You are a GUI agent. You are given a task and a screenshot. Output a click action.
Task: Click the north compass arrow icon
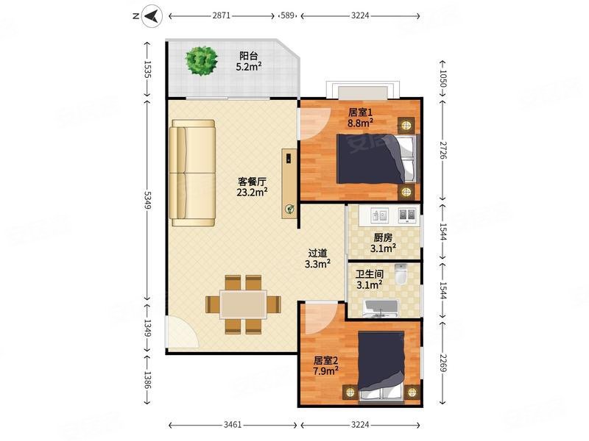(x=152, y=16)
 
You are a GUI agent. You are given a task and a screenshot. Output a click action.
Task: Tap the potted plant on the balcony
(x=202, y=61)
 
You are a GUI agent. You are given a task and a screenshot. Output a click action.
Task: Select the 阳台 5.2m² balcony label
(x=249, y=62)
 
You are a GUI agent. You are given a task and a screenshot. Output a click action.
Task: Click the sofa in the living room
(x=192, y=173)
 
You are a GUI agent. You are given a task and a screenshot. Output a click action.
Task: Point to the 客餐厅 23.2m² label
(x=252, y=187)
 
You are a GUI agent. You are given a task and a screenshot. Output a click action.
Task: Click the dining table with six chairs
(x=244, y=304)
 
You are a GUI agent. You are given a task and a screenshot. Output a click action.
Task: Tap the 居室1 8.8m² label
(x=360, y=118)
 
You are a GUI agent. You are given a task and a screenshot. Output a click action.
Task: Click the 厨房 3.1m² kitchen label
(x=383, y=243)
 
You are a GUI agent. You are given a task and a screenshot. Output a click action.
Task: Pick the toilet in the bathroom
(x=401, y=274)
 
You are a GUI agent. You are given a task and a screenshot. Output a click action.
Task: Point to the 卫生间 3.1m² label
(x=370, y=279)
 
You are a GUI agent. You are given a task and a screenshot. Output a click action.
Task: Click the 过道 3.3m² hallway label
(x=317, y=259)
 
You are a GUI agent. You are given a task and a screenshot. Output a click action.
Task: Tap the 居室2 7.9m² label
(x=326, y=365)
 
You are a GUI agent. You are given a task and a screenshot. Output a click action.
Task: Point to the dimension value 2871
(x=222, y=15)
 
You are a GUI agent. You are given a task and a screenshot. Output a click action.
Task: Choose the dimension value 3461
(x=233, y=425)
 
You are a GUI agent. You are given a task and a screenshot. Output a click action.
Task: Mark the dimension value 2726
(x=443, y=150)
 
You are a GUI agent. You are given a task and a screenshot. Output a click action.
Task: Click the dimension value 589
(x=288, y=15)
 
